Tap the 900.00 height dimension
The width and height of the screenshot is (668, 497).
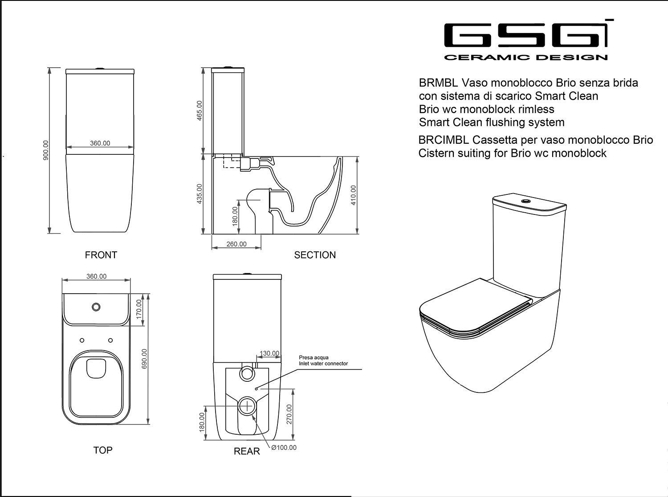[x=46, y=150]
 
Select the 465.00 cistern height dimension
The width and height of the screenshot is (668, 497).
[x=200, y=110]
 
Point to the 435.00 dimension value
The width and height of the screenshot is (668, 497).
[x=200, y=194]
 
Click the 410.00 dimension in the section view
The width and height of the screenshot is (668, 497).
[x=354, y=195]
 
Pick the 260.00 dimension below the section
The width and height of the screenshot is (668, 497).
[x=236, y=244]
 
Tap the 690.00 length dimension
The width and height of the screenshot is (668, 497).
[x=144, y=359]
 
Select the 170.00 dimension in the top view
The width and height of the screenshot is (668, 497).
[x=139, y=309]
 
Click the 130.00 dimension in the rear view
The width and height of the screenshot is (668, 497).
[x=269, y=353]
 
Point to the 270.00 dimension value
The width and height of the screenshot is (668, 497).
[x=289, y=414]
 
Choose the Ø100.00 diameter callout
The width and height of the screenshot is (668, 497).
[x=284, y=448]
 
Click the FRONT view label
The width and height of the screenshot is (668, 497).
[x=101, y=255]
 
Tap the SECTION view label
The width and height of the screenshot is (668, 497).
[x=315, y=255]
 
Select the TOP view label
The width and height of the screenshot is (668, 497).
[x=103, y=450]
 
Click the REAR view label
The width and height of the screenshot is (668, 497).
[x=247, y=451]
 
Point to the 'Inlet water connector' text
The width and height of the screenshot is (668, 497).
[x=323, y=364]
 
